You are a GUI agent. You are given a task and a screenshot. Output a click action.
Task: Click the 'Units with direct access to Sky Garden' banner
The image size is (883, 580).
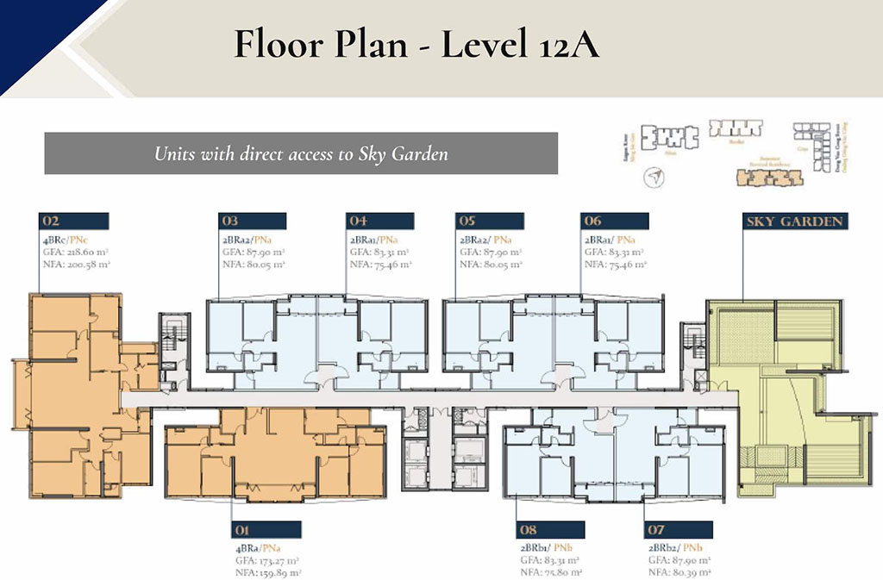click(x=301, y=153)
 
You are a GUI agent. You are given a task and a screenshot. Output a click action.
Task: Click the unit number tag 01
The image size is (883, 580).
click(x=266, y=530)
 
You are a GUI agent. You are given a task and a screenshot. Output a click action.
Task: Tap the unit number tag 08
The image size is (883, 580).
click(x=551, y=530)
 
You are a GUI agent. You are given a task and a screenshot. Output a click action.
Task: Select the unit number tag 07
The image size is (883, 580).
click(x=679, y=530)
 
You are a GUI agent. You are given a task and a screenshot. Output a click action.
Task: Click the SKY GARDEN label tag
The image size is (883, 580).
click(x=793, y=221)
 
